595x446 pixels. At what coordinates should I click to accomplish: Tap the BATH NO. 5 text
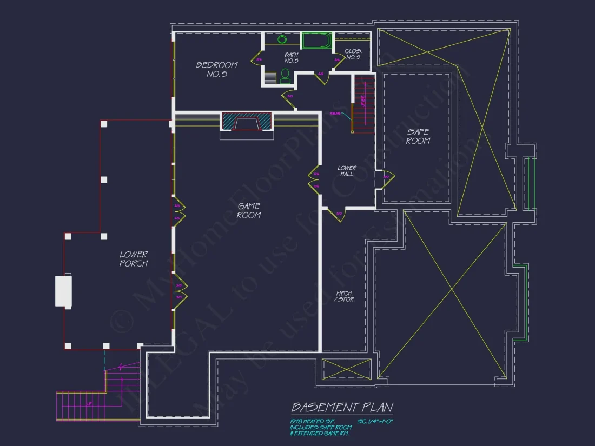point(292,57)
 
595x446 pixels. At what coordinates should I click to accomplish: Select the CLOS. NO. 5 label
point(353,54)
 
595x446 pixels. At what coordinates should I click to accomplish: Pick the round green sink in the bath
point(282,39)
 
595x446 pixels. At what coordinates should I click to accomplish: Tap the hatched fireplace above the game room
point(246,121)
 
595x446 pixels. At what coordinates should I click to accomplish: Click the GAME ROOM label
point(249,210)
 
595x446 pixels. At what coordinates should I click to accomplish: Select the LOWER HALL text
point(347,171)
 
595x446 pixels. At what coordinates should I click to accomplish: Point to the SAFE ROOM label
point(418,136)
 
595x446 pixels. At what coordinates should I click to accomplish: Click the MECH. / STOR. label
point(345,296)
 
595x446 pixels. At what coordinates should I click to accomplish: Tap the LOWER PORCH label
point(134,258)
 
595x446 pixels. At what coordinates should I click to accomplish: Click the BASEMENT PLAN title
point(342,407)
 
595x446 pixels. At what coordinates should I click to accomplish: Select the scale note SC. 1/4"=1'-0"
point(375,421)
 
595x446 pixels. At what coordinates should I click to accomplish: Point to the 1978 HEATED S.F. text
point(312,421)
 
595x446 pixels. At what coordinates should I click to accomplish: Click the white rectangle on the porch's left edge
point(63,291)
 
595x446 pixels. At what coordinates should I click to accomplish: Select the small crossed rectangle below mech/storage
point(346,369)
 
